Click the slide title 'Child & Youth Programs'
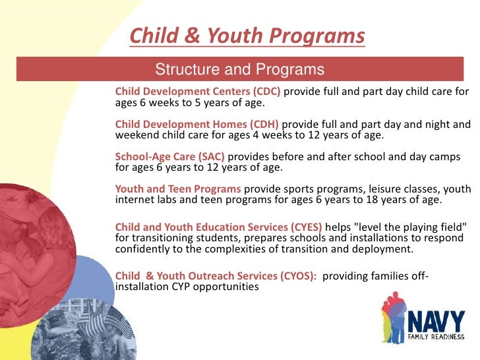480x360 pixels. pos(247,36)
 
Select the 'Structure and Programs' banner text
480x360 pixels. pos(239,70)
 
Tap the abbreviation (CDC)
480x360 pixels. pos(264,91)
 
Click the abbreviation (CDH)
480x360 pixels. pos(263,124)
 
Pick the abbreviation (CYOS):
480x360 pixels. pos(298,277)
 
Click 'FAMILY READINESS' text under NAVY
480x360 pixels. pos(437,337)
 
